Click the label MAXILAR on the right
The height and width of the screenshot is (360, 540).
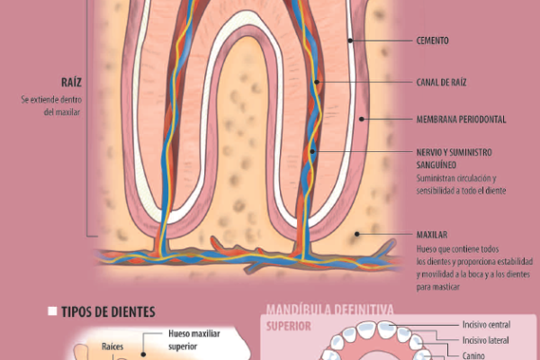pyautogui.click(x=432, y=234)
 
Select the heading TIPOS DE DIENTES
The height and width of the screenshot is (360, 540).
pyautogui.click(x=108, y=312)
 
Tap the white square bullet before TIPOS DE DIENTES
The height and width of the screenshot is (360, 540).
pyautogui.click(x=52, y=311)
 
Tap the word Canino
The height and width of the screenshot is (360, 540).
pyautogui.click(x=476, y=355)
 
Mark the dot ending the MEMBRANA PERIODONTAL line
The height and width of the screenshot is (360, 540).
pyautogui.click(x=361, y=118)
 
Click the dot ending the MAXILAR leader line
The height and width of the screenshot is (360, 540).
pyautogui.click(x=357, y=234)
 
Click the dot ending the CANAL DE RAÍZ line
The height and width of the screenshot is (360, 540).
pyautogui.click(x=318, y=82)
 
